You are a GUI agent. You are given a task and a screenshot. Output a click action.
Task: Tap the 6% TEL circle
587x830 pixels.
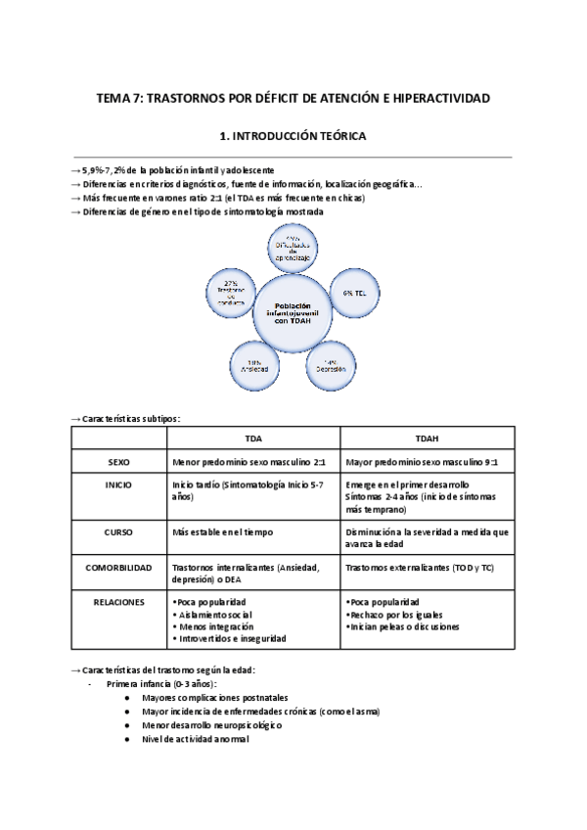pos(353,293)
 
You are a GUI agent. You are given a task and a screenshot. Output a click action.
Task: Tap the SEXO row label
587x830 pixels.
pos(118,462)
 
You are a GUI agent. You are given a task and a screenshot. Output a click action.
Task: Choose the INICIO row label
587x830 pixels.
pos(118,485)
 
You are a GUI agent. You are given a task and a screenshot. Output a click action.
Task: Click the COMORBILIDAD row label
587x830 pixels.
pos(118,567)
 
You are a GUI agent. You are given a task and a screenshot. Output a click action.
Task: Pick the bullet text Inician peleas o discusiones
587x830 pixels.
pos(405,625)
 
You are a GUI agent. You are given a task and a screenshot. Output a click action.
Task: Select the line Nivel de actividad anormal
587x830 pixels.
pos(195,739)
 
